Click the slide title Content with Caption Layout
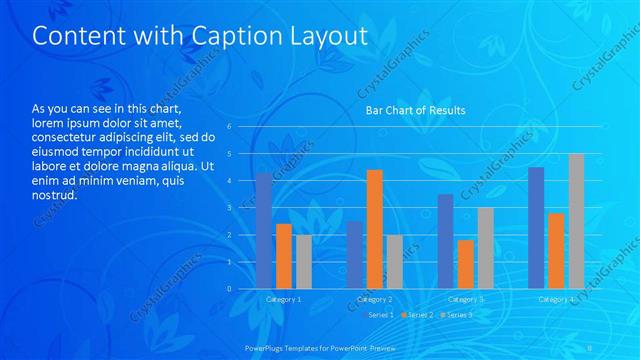200,36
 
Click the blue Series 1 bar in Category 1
264,231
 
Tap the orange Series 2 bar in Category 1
284,256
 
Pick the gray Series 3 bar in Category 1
303,262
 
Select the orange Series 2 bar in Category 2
374,229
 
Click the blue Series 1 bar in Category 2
355,255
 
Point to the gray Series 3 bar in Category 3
485,248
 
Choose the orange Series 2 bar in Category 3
465,264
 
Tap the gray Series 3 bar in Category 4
576,221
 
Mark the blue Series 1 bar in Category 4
536,228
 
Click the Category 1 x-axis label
284,299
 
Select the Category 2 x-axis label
374,299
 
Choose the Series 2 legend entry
418,315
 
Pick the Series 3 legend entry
457,315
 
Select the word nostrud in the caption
54,195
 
